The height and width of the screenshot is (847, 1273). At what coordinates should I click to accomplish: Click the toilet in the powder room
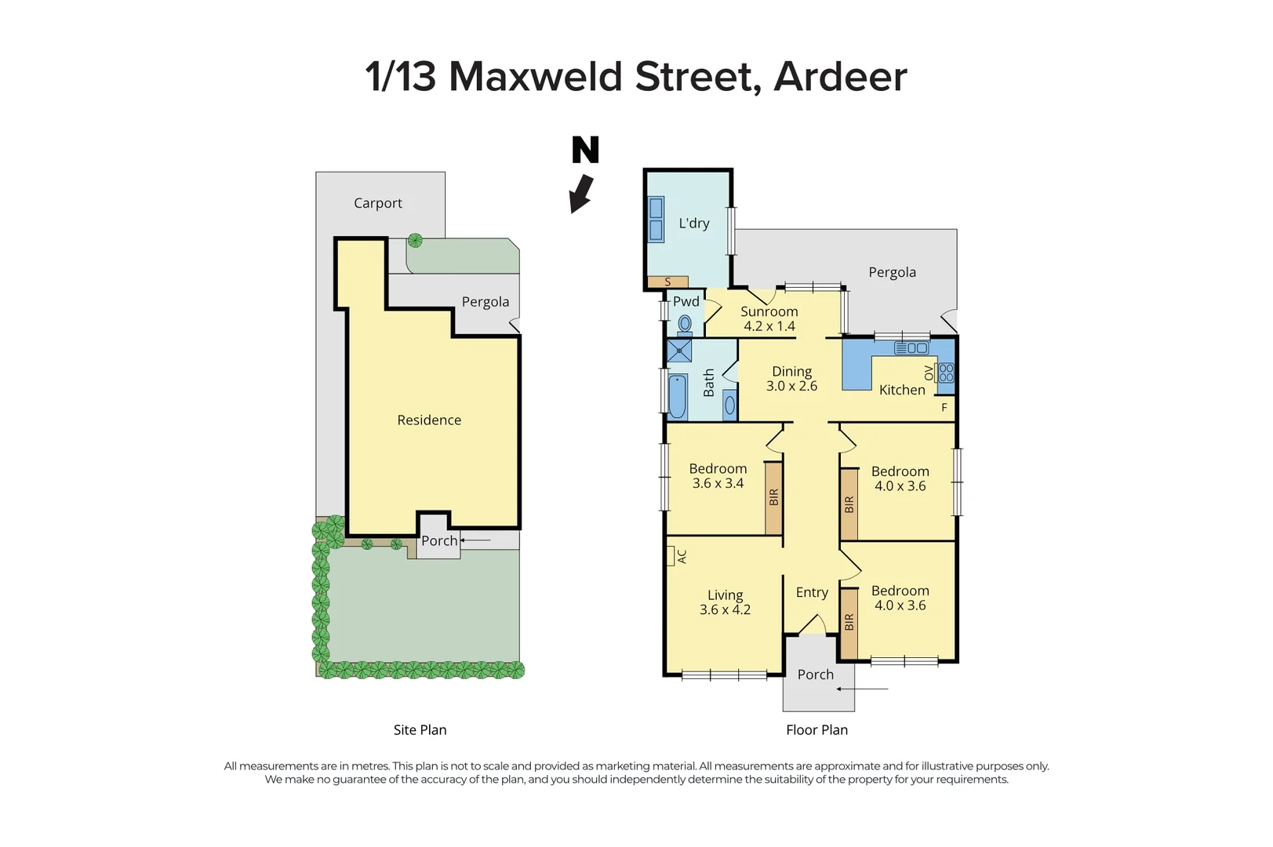point(685,323)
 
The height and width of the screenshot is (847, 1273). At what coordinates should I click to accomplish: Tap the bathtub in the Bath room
point(677,397)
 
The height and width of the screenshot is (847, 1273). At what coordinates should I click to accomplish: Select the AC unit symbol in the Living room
point(671,556)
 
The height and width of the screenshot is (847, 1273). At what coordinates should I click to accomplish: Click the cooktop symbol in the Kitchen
point(946,373)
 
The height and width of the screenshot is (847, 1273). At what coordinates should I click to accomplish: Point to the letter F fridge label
point(944,408)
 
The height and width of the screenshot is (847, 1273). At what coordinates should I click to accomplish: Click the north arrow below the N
point(580,194)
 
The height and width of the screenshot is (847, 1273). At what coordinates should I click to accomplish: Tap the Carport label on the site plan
point(377,203)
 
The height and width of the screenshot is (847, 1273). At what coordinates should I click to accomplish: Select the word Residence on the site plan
point(429,420)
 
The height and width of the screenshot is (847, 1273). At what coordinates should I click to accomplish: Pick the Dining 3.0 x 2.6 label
point(791,379)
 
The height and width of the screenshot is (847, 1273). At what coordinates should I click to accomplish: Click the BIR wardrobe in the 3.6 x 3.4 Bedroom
point(773,497)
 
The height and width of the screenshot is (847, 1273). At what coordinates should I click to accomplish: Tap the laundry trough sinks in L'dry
point(656,219)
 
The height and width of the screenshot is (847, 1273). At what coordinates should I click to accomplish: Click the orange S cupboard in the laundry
point(667,282)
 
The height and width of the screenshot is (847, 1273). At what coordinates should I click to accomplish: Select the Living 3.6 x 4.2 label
point(725,602)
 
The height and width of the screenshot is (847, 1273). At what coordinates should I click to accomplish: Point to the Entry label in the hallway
point(812,593)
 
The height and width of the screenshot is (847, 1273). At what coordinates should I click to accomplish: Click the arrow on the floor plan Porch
point(861,689)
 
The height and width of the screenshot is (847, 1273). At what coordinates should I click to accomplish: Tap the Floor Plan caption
point(817,730)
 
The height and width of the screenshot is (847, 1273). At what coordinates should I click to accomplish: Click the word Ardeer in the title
point(840,77)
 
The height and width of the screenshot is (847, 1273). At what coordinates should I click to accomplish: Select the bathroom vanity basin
point(729,405)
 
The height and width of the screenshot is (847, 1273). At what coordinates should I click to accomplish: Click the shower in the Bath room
point(678,351)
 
